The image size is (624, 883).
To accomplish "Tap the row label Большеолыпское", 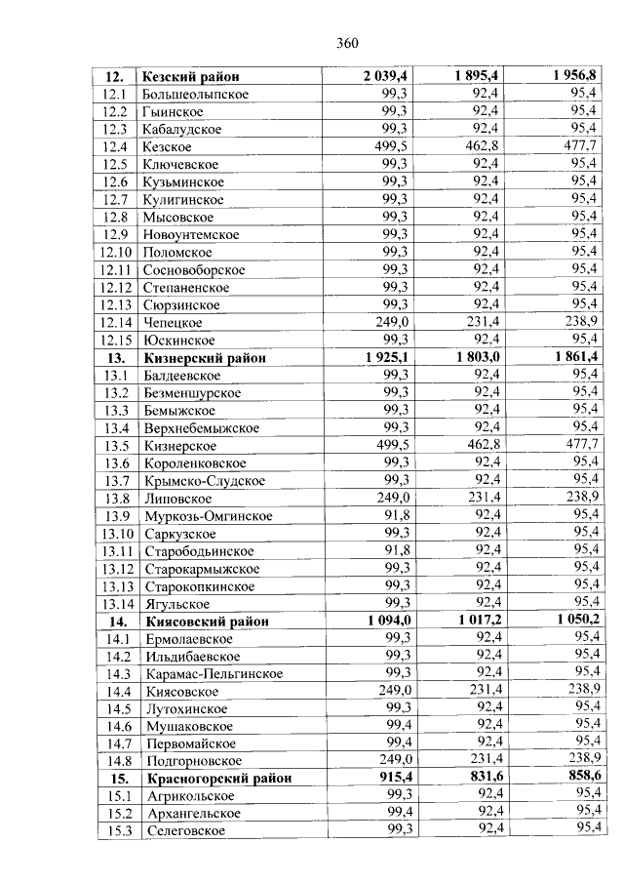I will point(195,94).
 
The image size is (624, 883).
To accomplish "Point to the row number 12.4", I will point(116,146).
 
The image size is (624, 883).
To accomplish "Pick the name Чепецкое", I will point(173,322).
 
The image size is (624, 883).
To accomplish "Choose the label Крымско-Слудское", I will point(203,480).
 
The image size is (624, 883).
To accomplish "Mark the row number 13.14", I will point(116,604).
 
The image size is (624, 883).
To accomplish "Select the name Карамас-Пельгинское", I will point(214,673).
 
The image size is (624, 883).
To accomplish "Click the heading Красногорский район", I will point(218,779).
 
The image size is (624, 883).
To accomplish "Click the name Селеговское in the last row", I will point(185,830).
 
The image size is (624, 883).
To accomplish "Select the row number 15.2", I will point(118,813).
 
